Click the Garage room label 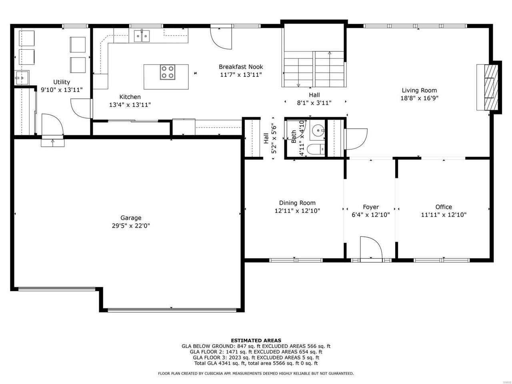click(x=131, y=218)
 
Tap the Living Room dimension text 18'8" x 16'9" click(x=419, y=98)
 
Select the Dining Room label click(x=297, y=203)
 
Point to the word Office click(x=444, y=207)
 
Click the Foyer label click(x=371, y=207)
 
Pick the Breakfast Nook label click(x=241, y=67)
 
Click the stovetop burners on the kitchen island click(x=168, y=72)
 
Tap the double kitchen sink click(x=142, y=36)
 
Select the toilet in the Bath click(x=316, y=149)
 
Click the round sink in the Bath click(x=318, y=129)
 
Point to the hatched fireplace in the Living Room click(x=491, y=87)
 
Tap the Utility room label click(x=62, y=82)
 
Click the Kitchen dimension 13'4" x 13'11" click(x=130, y=105)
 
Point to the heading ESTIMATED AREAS click(x=256, y=340)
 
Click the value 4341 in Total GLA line click(x=225, y=363)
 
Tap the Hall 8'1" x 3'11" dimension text click(x=314, y=103)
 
